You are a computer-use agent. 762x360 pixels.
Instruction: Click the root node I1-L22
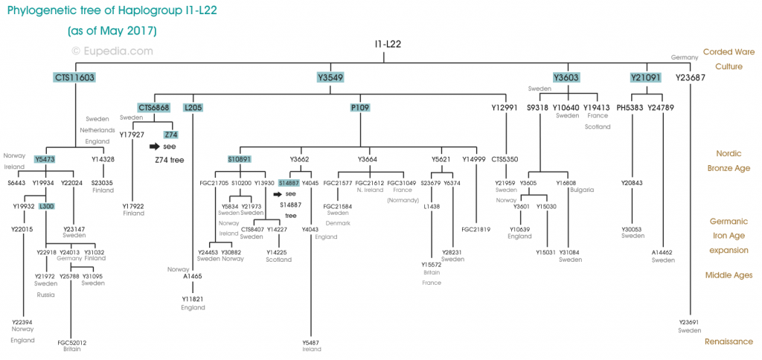388,45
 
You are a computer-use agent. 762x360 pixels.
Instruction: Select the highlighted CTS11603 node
75,77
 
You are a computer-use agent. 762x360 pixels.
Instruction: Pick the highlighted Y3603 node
566,77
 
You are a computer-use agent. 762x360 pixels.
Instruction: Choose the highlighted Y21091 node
645,77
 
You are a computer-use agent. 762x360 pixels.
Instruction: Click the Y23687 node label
690,77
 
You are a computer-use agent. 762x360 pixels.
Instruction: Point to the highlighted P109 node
360,108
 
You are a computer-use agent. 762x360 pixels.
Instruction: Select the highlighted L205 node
193,108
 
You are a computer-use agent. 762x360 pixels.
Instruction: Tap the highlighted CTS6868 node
154,108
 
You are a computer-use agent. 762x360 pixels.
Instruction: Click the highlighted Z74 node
170,135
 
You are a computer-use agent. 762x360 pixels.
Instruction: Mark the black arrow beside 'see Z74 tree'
155,147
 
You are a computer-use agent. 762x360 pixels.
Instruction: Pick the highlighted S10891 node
240,159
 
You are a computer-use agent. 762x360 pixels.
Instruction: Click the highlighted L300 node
46,206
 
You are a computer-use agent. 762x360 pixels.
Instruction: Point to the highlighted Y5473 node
45,159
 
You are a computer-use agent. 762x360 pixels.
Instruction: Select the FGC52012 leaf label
71,343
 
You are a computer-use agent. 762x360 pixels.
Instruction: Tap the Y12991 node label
504,108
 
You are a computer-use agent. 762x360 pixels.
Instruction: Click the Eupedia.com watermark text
112,51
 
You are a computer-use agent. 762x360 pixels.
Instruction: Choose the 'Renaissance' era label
728,341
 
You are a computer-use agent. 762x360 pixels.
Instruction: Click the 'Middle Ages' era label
729,275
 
